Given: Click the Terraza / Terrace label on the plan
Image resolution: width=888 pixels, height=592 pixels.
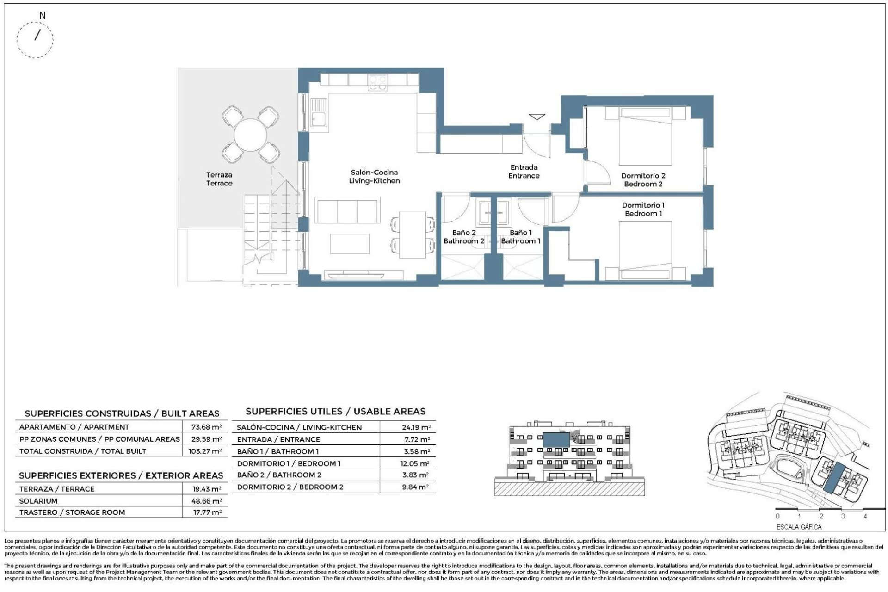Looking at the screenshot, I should click(x=219, y=179).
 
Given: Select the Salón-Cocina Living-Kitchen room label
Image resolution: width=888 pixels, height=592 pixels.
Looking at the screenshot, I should click(x=374, y=177).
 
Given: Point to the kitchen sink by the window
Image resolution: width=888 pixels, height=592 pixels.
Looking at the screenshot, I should click(x=318, y=113).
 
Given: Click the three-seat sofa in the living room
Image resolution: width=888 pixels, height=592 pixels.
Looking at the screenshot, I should click(x=347, y=211).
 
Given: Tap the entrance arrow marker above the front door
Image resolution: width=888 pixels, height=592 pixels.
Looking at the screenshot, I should click(x=536, y=117).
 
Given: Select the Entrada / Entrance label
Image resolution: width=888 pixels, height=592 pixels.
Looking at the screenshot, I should click(x=524, y=172).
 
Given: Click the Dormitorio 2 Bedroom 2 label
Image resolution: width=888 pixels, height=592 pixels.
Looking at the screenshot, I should click(x=643, y=180).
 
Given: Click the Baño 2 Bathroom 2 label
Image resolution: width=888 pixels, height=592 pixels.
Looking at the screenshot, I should click(x=463, y=237).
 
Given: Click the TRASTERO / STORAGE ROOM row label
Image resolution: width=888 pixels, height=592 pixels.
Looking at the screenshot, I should click(x=72, y=512).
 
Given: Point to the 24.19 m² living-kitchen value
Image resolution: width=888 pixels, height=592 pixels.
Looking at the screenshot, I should click(x=416, y=428).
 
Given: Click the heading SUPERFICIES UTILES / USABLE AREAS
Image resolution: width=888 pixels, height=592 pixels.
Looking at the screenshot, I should click(x=335, y=412).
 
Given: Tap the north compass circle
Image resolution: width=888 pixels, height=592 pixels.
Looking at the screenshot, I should click(x=35, y=39).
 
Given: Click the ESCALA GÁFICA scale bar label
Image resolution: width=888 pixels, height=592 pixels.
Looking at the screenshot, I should click(x=799, y=527).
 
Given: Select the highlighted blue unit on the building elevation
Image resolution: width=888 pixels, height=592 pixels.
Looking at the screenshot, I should click(x=555, y=439).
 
